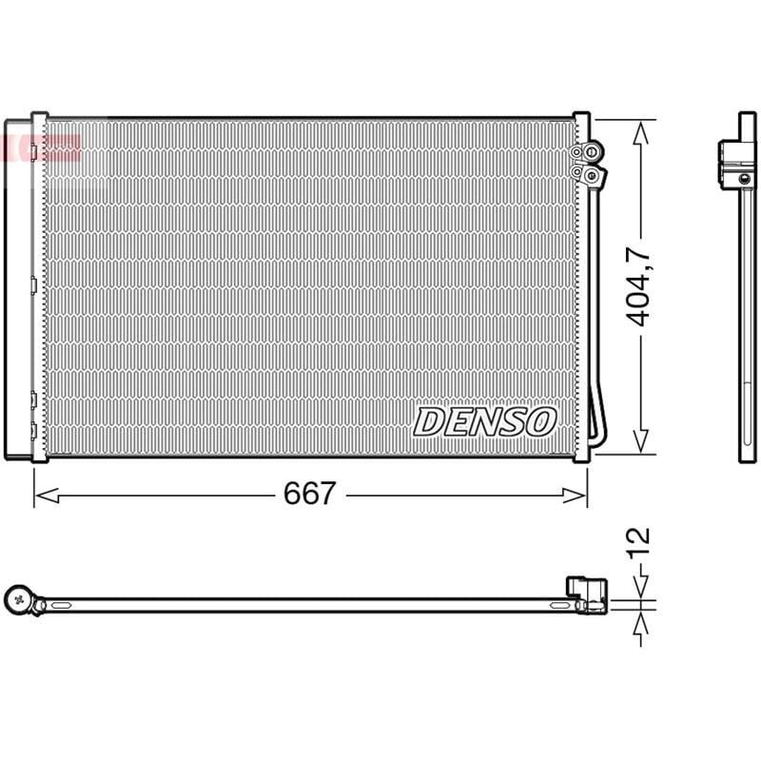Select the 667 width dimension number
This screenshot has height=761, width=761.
[x=310, y=494]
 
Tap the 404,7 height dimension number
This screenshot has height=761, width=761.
[x=640, y=285]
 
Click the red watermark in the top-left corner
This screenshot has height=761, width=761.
[x=43, y=147]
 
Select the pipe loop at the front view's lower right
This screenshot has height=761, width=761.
[x=597, y=419]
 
